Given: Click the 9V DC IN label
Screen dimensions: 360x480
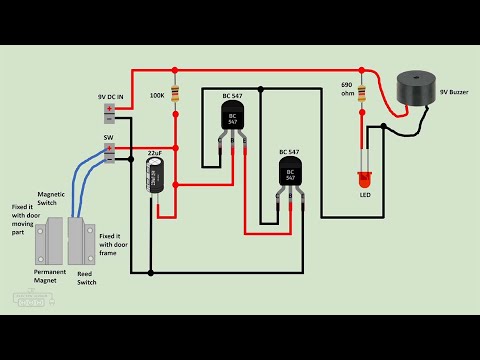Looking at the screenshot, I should tap(110, 96).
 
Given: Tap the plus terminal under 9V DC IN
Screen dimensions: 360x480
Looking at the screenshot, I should tap(109, 108).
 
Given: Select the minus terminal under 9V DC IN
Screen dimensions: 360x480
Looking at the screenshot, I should tap(109, 118).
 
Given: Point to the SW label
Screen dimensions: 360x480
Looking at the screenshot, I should tap(109, 137).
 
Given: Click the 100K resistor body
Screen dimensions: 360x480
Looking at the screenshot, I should tap(175, 95).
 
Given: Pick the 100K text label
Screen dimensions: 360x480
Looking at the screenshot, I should tap(157, 96).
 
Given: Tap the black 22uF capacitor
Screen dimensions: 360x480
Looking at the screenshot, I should tap(156, 176).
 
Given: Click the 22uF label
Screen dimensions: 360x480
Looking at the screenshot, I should tap(155, 153).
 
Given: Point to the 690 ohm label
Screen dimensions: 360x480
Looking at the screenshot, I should tap(348, 90).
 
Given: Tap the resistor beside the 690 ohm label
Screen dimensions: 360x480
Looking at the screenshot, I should tap(363, 95).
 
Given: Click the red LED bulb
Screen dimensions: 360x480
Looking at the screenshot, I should tap(364, 181).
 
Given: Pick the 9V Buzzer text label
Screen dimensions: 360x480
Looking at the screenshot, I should tap(453, 92).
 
